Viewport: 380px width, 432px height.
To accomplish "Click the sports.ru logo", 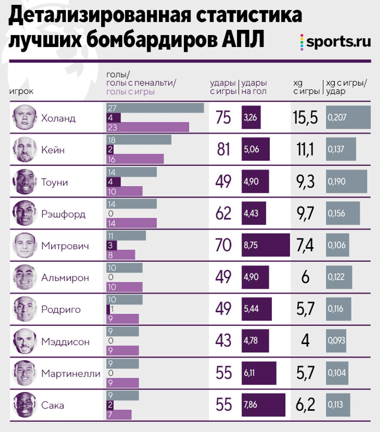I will click(x=336, y=42).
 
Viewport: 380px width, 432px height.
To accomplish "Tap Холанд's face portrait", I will click(x=24, y=117).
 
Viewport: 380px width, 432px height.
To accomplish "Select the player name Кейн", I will click(x=53, y=150).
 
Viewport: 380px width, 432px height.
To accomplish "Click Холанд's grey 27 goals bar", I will click(x=155, y=108).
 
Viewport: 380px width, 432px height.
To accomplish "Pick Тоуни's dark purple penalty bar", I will click(x=113, y=182).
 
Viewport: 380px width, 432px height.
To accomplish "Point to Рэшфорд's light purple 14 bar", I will click(x=131, y=223).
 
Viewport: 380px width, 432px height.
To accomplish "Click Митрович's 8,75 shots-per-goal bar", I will click(x=265, y=245).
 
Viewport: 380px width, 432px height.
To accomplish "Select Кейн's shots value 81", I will click(x=223, y=149).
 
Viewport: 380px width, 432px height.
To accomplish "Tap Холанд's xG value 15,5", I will click(x=305, y=117).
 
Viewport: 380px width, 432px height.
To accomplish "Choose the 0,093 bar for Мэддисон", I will click(x=336, y=341).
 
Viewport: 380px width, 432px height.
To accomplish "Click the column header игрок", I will click(x=21, y=91).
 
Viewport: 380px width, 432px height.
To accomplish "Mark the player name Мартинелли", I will click(x=71, y=374).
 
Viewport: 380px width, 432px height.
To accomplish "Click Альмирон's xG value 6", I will click(x=305, y=277).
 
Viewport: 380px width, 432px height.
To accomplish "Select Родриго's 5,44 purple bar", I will click(x=256, y=309).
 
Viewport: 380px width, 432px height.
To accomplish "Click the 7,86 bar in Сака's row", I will click(x=263, y=405).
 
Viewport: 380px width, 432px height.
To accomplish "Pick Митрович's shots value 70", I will click(x=223, y=245).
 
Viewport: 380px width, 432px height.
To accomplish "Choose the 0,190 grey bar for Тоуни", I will click(x=346, y=181).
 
